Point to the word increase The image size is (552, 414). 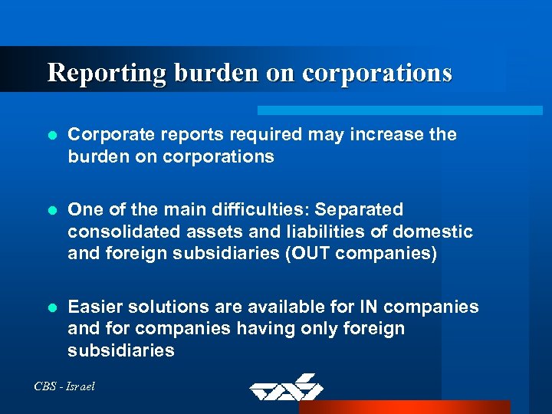pos(389,135)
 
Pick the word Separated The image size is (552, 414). pos(360,210)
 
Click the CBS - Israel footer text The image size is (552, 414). pos(65,386)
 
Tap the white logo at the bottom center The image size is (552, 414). pos(286,387)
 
